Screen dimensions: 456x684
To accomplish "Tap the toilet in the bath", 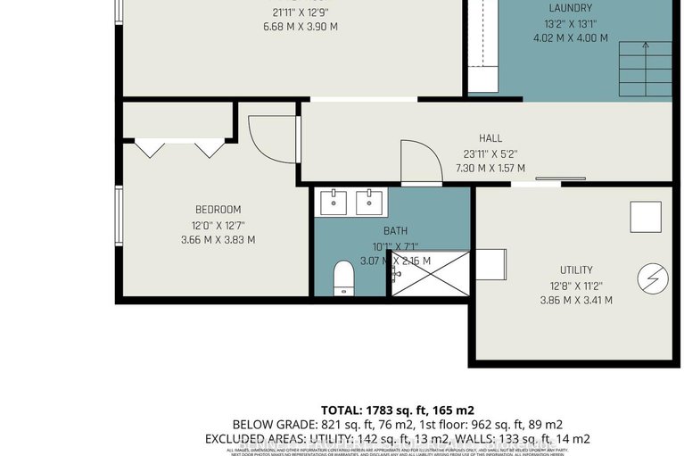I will [342, 278].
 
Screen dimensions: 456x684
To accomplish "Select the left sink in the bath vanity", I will [334, 203].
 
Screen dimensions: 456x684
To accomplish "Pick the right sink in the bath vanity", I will [369, 203].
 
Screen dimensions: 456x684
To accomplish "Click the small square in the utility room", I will [645, 217].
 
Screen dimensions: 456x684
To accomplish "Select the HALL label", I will [490, 138].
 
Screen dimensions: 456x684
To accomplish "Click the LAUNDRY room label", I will [570, 8].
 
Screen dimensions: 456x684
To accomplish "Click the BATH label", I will [395, 231].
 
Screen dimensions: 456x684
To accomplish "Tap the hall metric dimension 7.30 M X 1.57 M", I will [490, 168].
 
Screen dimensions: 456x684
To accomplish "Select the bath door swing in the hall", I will [419, 161].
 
